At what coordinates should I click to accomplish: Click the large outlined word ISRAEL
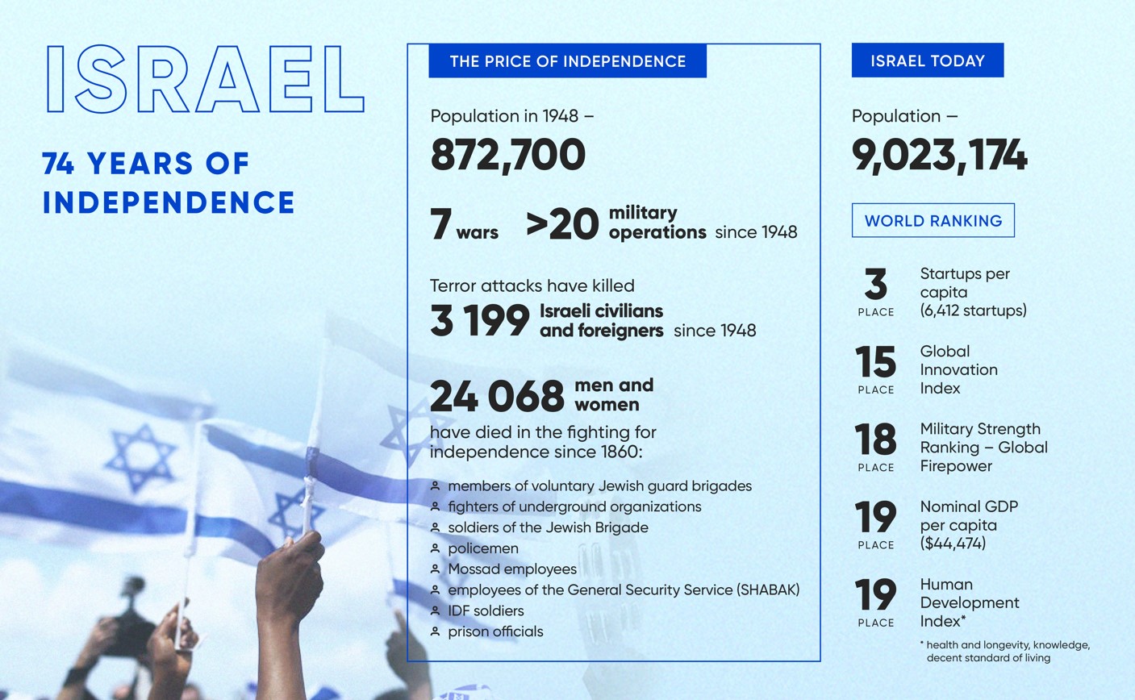click(x=205, y=79)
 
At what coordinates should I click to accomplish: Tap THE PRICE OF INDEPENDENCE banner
click(x=568, y=60)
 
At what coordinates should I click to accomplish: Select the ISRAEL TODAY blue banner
click(x=927, y=60)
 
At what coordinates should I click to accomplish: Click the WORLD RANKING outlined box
click(x=933, y=220)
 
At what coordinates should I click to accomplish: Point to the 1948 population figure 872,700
click(x=507, y=155)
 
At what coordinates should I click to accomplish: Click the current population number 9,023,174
click(x=939, y=156)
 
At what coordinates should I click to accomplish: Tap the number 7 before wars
click(x=440, y=223)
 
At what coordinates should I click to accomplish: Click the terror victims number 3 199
click(x=480, y=320)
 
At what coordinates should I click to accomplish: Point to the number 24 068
click(x=497, y=396)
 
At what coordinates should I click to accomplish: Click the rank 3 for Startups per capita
click(x=875, y=284)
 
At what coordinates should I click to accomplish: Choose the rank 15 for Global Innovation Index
click(x=875, y=361)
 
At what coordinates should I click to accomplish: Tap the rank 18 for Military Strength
click(x=875, y=440)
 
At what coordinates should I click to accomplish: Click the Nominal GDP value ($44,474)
click(x=953, y=544)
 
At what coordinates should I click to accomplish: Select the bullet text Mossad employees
click(x=512, y=569)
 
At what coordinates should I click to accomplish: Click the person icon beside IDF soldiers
click(x=435, y=610)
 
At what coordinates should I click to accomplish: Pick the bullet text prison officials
click(x=495, y=631)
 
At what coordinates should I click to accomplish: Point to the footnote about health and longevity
click(x=1005, y=652)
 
